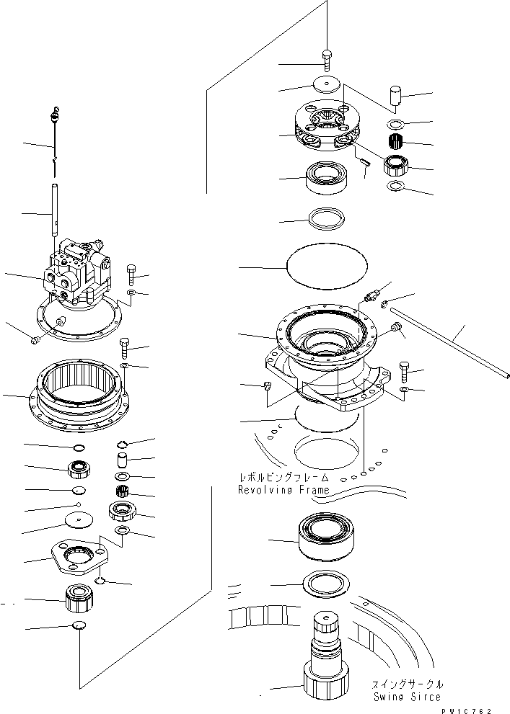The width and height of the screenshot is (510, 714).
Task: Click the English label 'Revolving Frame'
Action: coord(283,490)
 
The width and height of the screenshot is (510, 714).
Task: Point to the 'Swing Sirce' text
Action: coord(407,697)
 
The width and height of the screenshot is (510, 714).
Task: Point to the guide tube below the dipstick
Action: coord(56,210)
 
